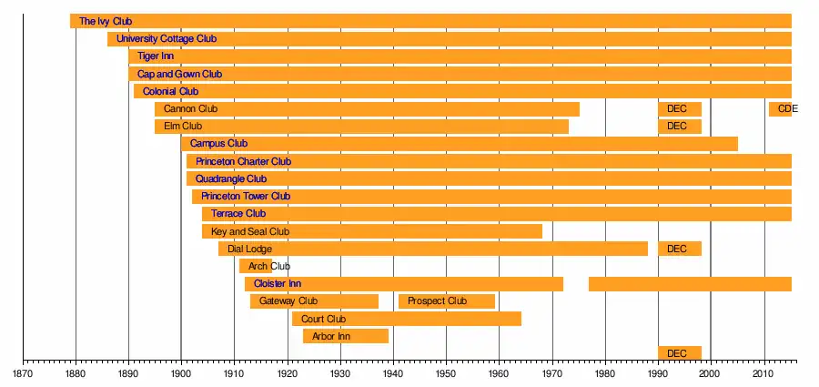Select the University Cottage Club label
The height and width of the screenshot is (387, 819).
(167, 39)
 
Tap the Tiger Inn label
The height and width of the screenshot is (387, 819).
(156, 56)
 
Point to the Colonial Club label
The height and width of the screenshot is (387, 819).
(170, 91)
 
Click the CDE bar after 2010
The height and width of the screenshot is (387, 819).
(781, 109)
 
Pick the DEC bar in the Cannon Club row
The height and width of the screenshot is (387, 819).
(680, 109)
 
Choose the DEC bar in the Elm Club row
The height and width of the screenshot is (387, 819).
(680, 127)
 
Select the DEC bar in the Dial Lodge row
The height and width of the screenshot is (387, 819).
(680, 249)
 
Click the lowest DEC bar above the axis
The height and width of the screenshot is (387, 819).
(680, 353)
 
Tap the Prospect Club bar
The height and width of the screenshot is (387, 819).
(447, 301)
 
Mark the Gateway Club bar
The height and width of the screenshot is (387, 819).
(314, 301)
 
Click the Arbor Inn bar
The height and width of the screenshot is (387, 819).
(346, 336)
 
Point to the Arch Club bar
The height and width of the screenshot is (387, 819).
(255, 266)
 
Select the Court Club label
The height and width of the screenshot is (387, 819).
(323, 319)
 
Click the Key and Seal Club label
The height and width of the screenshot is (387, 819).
(249, 231)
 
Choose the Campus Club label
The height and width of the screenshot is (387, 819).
(218, 144)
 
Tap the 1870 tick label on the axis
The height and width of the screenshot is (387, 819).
(23, 373)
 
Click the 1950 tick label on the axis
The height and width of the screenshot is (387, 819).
(446, 373)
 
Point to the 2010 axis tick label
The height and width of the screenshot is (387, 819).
(763, 373)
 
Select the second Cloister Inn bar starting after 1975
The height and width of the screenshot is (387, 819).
(690, 284)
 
